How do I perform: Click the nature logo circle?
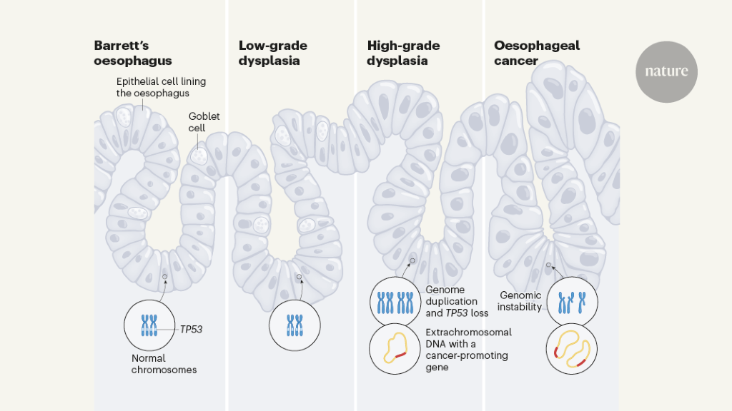666,71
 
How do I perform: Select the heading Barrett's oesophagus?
133,52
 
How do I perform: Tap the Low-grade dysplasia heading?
273,53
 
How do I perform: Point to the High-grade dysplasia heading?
403,53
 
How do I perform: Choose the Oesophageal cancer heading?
537,53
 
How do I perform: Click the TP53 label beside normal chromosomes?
192,330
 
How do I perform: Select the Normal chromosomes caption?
164,364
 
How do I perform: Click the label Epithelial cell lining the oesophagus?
161,87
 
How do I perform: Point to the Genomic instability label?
520,300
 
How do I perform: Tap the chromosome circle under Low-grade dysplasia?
295,328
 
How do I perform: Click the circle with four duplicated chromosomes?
395,300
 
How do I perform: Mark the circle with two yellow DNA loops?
572,350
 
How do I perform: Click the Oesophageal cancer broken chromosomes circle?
572,300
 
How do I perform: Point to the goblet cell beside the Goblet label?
198,155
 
